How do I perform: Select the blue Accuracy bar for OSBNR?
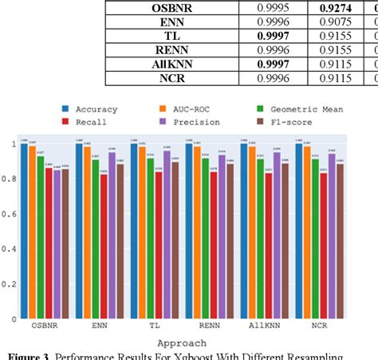(25, 232)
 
